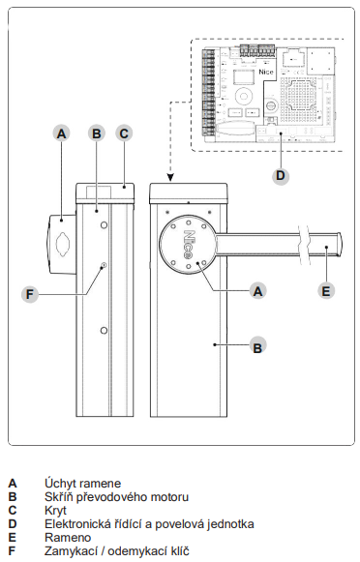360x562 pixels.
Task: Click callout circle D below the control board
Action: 281,176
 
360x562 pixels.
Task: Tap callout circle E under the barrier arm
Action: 326,290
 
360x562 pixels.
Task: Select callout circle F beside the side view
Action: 30,294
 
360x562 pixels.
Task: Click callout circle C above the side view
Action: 124,133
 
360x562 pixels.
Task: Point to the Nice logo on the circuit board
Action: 266,72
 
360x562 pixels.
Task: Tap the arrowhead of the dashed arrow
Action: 170,178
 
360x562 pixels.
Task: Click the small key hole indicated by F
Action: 104,265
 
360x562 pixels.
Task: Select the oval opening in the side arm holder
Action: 64,244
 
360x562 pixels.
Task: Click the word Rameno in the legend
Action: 68,537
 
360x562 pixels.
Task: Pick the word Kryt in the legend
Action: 55,510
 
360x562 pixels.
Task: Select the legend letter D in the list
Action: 13,523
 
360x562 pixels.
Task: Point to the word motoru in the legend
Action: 169,497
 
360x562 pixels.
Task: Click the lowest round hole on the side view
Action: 104,330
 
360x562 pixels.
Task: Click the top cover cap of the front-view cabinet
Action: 189,193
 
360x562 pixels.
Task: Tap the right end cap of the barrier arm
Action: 338,244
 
